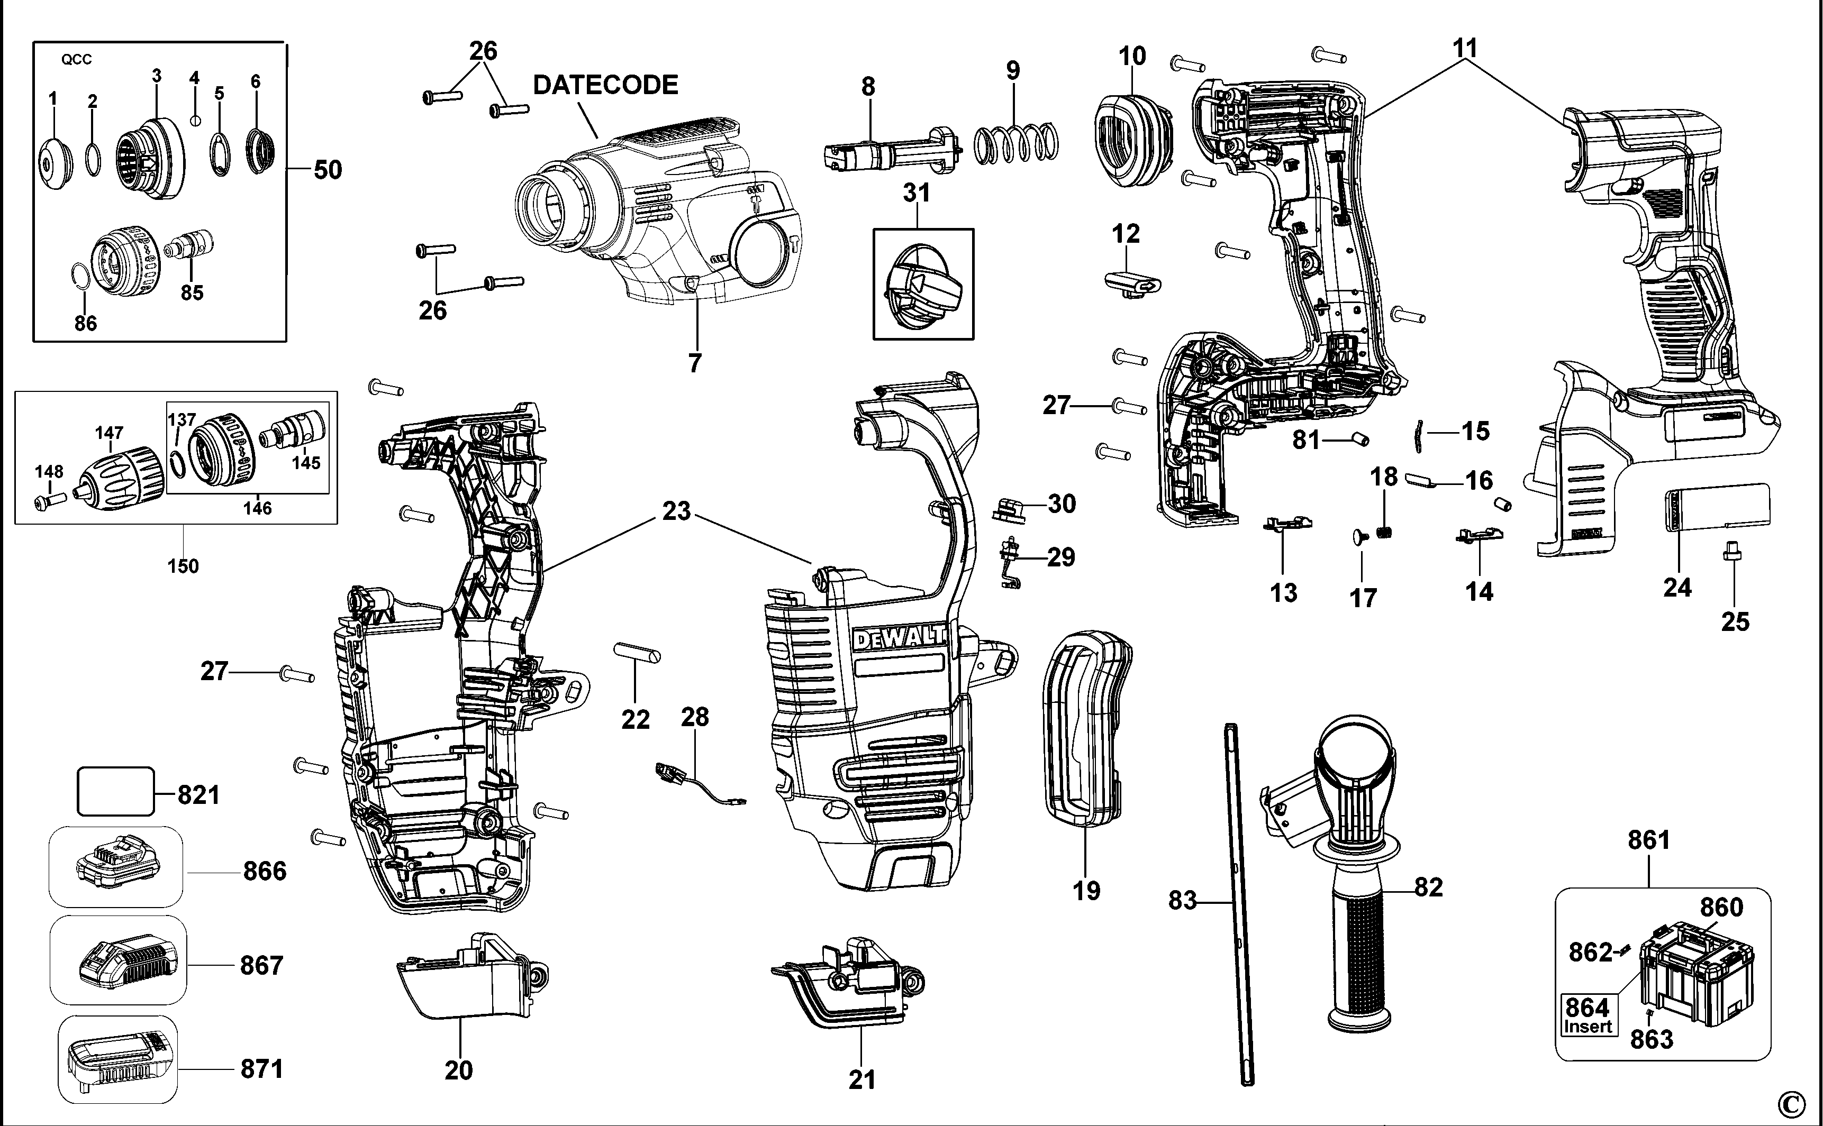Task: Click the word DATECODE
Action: pyautogui.click(x=605, y=85)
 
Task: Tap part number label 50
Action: pyautogui.click(x=327, y=170)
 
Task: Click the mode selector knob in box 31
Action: pyautogui.click(x=922, y=287)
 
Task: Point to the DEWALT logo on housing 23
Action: pyautogui.click(x=899, y=639)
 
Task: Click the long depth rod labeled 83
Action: pyautogui.click(x=1239, y=901)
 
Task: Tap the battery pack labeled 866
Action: pyautogui.click(x=117, y=865)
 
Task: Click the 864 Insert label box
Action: pyautogui.click(x=1587, y=1015)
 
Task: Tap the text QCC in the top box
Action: pyautogui.click(x=76, y=60)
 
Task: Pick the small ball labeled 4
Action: pyautogui.click(x=195, y=120)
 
